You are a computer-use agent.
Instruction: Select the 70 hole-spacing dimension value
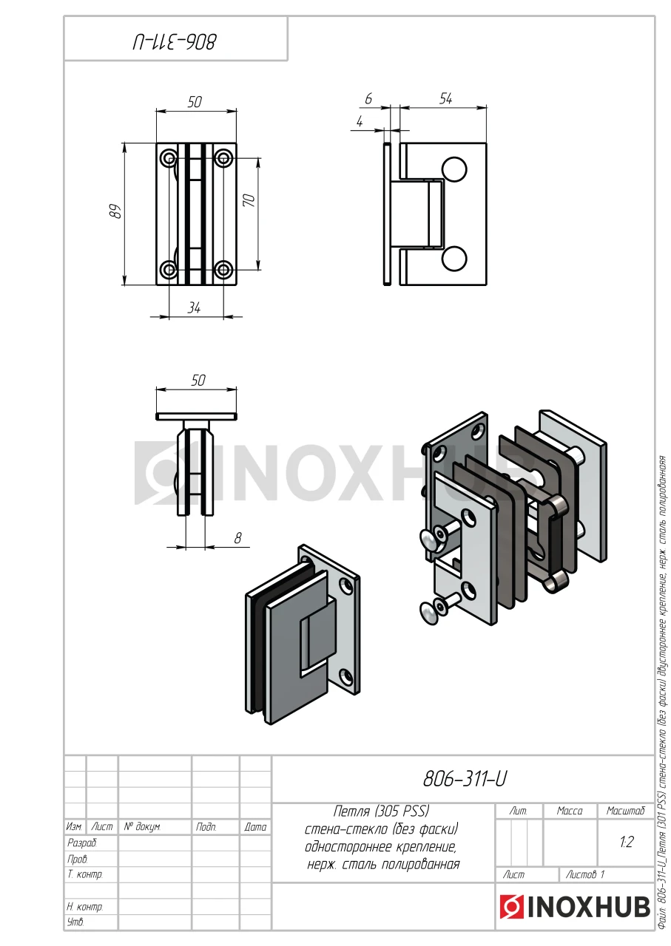pos(249,200)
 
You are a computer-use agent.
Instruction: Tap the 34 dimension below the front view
pos(194,308)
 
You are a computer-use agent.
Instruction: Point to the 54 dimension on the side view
pos(445,99)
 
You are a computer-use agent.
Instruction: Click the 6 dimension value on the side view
pos(368,99)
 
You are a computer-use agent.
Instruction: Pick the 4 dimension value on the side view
pos(360,122)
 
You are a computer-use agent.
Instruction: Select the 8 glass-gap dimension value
pos(237,538)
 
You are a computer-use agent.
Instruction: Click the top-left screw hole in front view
pos(169,158)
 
